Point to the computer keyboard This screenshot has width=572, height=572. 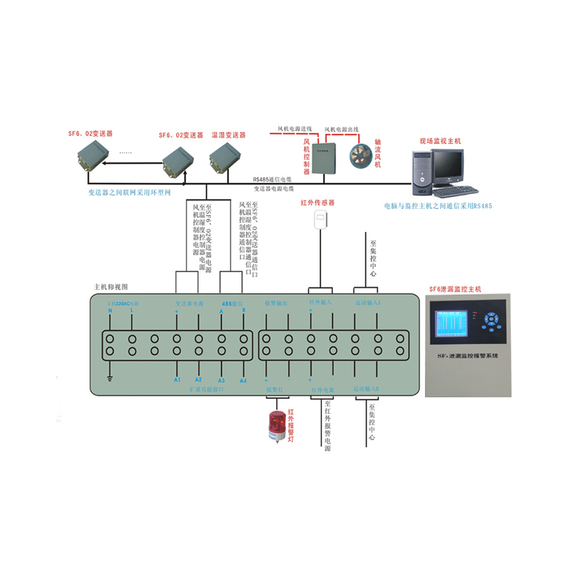pyautogui.click(x=454, y=191)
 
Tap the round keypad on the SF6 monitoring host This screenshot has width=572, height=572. pyautogui.click(x=493, y=322)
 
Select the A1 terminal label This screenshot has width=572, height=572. pyautogui.click(x=177, y=381)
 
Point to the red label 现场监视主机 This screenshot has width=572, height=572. pyautogui.click(x=441, y=141)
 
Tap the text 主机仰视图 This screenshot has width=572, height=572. pyautogui.click(x=110, y=287)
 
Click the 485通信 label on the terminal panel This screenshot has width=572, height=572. pyautogui.click(x=232, y=303)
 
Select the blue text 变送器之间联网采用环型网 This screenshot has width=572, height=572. pyautogui.click(x=129, y=192)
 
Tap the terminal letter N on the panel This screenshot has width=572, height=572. pyautogui.click(x=110, y=311)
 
